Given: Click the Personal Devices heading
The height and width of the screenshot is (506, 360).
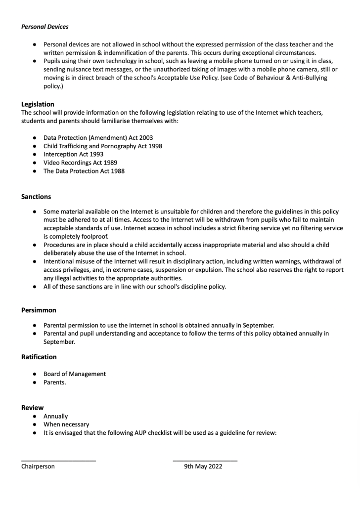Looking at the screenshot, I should click(x=45, y=26).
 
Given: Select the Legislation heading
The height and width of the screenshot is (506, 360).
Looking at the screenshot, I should click(x=38, y=104).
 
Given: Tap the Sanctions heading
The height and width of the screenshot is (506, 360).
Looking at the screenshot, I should click(x=36, y=197).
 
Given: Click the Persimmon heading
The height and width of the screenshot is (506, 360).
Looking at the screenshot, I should click(x=39, y=310).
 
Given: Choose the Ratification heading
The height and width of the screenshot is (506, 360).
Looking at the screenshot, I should click(x=39, y=357).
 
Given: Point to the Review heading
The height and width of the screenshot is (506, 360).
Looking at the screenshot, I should click(x=32, y=408).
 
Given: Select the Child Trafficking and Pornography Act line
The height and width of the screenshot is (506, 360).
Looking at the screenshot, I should click(x=102, y=146).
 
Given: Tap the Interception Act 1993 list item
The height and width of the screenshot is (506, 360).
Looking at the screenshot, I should click(x=73, y=155).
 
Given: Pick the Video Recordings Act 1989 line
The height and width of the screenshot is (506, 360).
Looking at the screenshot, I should click(x=80, y=163).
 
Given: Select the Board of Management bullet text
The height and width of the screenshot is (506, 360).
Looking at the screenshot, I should click(x=74, y=374).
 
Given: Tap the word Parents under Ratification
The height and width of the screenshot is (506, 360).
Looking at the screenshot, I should click(x=54, y=382).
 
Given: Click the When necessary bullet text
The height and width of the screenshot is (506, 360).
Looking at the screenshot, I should click(x=66, y=424).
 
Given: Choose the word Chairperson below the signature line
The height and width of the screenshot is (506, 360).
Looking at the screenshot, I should click(x=38, y=466).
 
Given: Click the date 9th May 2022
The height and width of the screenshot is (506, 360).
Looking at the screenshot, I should click(x=203, y=466).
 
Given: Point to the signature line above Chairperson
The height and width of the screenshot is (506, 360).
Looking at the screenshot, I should click(x=58, y=461).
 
